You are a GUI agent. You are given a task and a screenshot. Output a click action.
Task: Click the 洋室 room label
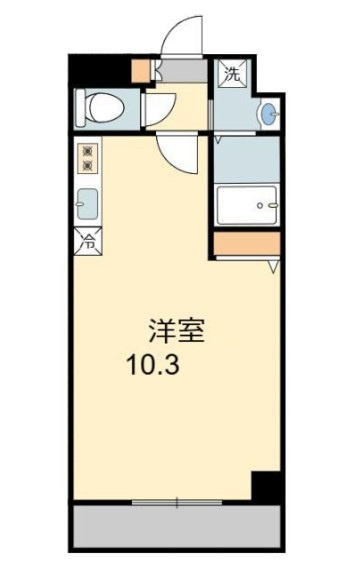(x=176, y=330)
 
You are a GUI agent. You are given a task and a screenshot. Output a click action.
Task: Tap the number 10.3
(x=153, y=365)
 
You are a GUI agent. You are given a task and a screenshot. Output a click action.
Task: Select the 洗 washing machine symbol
(x=232, y=73)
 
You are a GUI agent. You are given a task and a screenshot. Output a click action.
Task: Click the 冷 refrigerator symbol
(x=88, y=241)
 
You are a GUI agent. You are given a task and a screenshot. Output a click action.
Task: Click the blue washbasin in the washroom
(x=269, y=113)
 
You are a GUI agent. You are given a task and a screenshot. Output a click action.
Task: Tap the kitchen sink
(x=88, y=204)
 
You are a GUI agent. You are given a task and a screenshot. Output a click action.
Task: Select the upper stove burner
(x=88, y=151)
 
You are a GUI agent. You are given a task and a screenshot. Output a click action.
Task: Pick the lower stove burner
(x=88, y=166)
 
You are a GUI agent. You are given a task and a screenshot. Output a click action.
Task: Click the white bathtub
(x=247, y=205)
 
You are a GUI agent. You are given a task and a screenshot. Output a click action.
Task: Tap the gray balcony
(x=177, y=527)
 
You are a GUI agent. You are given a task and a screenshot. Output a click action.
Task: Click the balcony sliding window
(x=177, y=502)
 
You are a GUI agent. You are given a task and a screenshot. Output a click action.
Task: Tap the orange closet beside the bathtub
(x=247, y=243)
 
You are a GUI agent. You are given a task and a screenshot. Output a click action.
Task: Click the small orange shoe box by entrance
(x=141, y=70)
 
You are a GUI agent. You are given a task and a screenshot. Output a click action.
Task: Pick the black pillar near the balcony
(x=266, y=485)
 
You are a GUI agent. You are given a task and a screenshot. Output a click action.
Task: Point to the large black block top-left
(x=100, y=70)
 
